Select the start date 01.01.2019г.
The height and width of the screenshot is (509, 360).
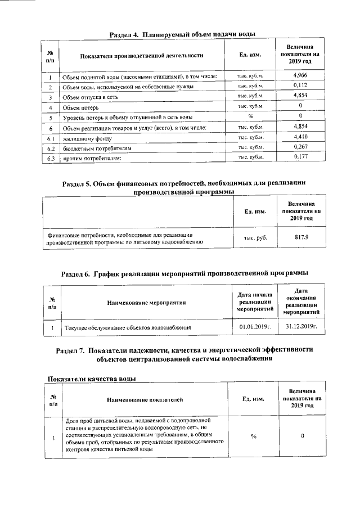(x=255, y=326)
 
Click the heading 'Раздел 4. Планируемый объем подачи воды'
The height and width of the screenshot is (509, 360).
(x=182, y=34)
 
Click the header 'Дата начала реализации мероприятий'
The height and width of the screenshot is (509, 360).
(x=255, y=302)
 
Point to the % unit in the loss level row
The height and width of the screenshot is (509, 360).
(x=251, y=117)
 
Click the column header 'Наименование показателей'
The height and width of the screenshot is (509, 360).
(x=145, y=399)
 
